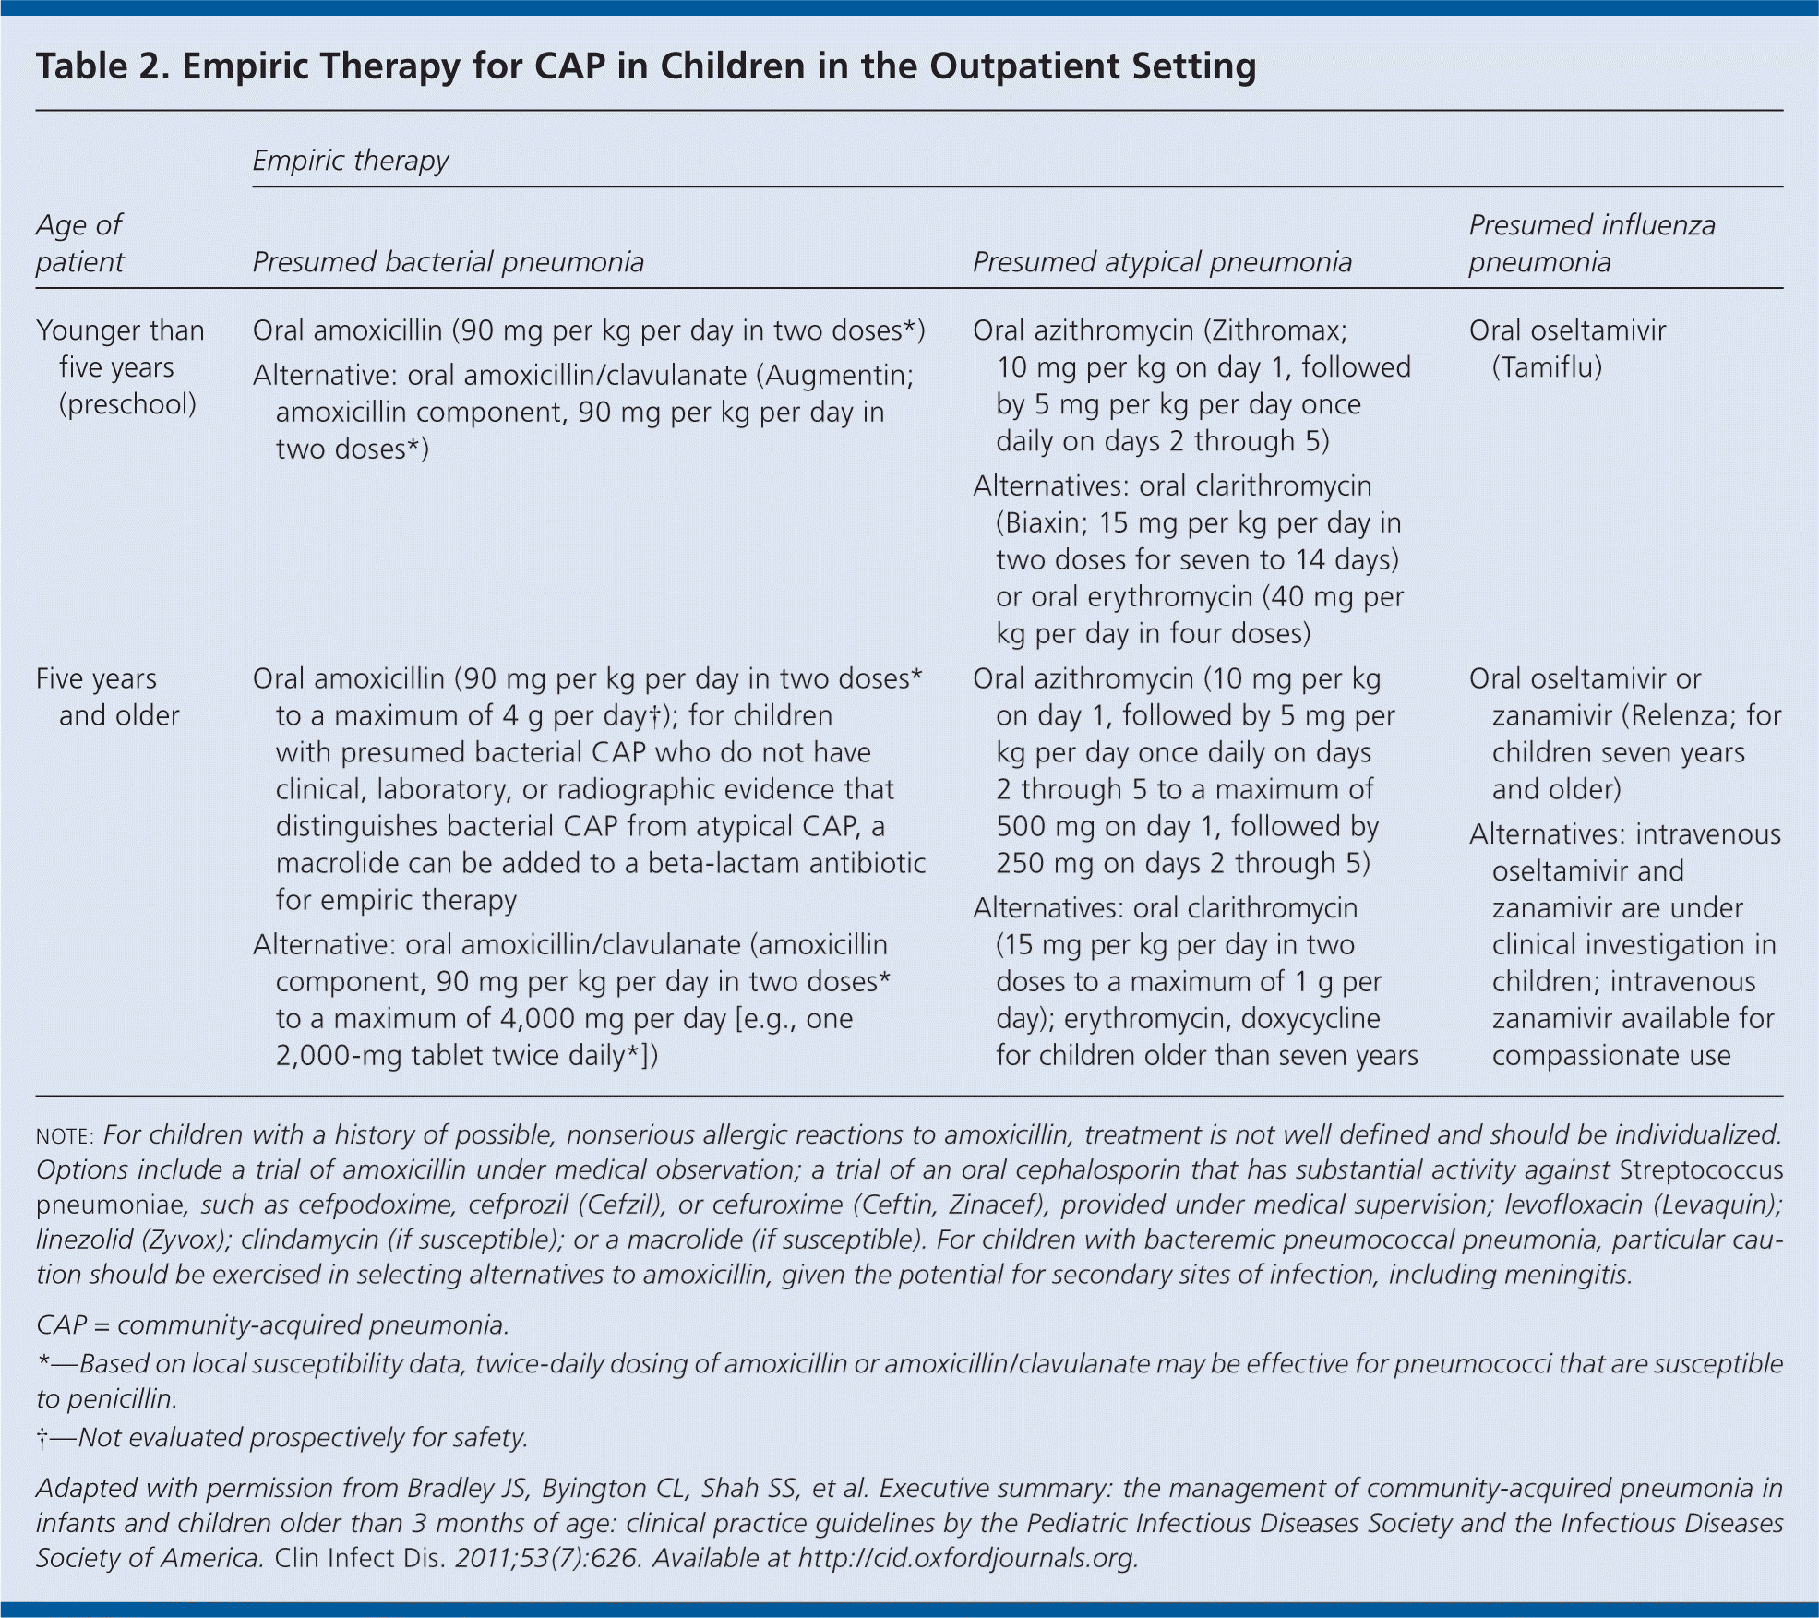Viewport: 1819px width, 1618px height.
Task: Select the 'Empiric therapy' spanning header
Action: tap(350, 161)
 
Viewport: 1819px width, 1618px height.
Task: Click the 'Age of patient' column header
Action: tap(79, 243)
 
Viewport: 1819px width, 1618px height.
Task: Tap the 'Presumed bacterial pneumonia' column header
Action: tap(448, 262)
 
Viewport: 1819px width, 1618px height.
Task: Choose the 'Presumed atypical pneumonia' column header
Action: tap(1161, 262)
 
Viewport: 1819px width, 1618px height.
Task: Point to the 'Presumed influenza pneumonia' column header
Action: tap(1591, 243)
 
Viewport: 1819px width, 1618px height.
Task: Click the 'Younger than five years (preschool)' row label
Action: tap(120, 366)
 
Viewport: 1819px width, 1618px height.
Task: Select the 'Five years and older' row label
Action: tap(107, 697)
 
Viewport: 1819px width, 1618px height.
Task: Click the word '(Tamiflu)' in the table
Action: tap(1547, 367)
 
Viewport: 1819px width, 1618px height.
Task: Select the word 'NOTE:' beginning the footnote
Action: tap(65, 1136)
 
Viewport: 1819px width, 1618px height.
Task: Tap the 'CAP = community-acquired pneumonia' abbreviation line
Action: tap(272, 1325)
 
